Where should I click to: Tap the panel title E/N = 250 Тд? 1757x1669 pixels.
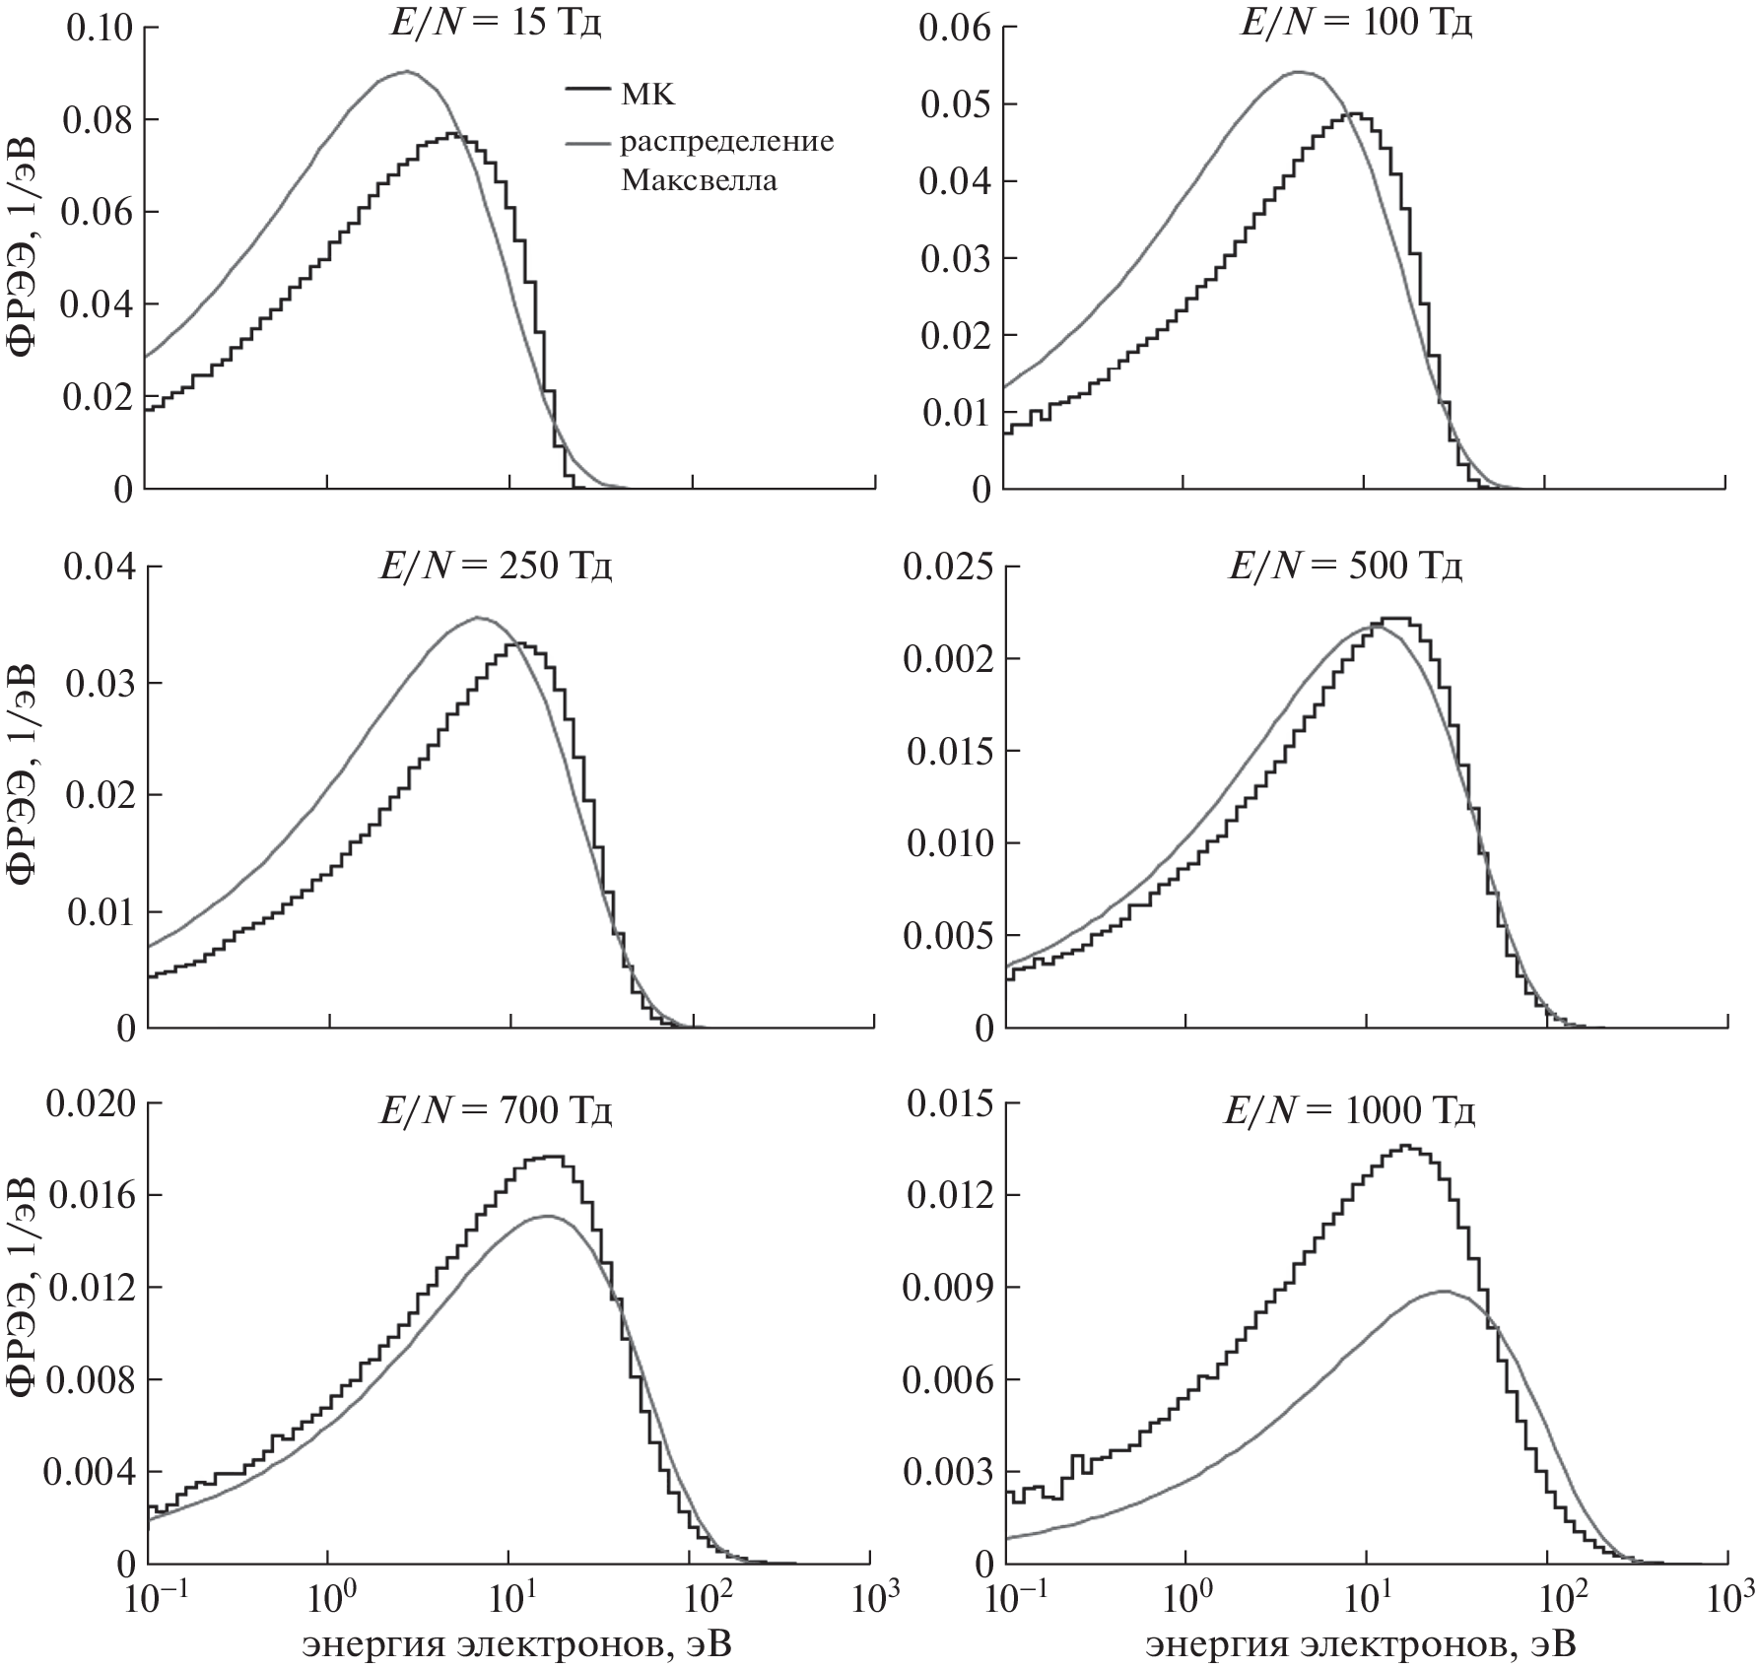tap(497, 568)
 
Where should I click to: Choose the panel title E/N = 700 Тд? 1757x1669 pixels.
tap(497, 1112)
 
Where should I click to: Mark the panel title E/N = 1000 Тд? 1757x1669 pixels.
tap(1349, 1112)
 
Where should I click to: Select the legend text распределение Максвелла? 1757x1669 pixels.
tap(726, 161)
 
